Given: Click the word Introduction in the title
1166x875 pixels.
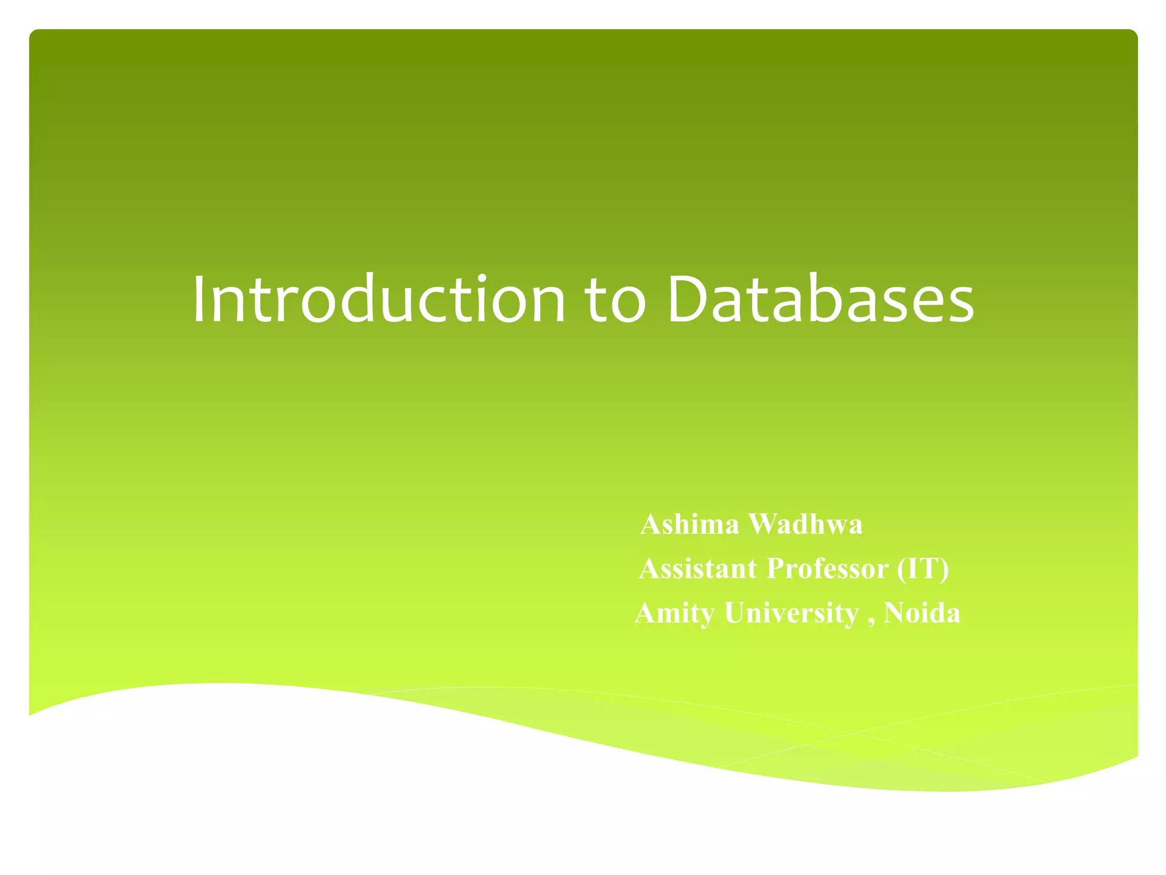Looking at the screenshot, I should tap(379, 300).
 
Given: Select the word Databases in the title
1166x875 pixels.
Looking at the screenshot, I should tap(820, 300).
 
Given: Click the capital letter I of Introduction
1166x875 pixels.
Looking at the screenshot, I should tap(199, 300).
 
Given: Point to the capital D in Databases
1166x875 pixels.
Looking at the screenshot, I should tap(688, 300).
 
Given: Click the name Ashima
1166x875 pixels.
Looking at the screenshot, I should tap(689, 524).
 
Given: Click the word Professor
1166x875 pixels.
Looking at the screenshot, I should tap(827, 569).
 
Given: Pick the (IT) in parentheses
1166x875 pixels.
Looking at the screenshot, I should tap(923, 569).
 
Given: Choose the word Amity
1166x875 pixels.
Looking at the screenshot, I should tap(675, 614).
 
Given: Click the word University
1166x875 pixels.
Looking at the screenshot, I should tap(791, 614).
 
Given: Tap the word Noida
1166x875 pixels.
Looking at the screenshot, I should tap(922, 614).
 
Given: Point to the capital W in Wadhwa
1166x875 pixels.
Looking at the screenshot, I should tap(762, 524).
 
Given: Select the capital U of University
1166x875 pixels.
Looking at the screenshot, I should tap(735, 614).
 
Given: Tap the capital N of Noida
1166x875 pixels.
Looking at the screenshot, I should tap(893, 614).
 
